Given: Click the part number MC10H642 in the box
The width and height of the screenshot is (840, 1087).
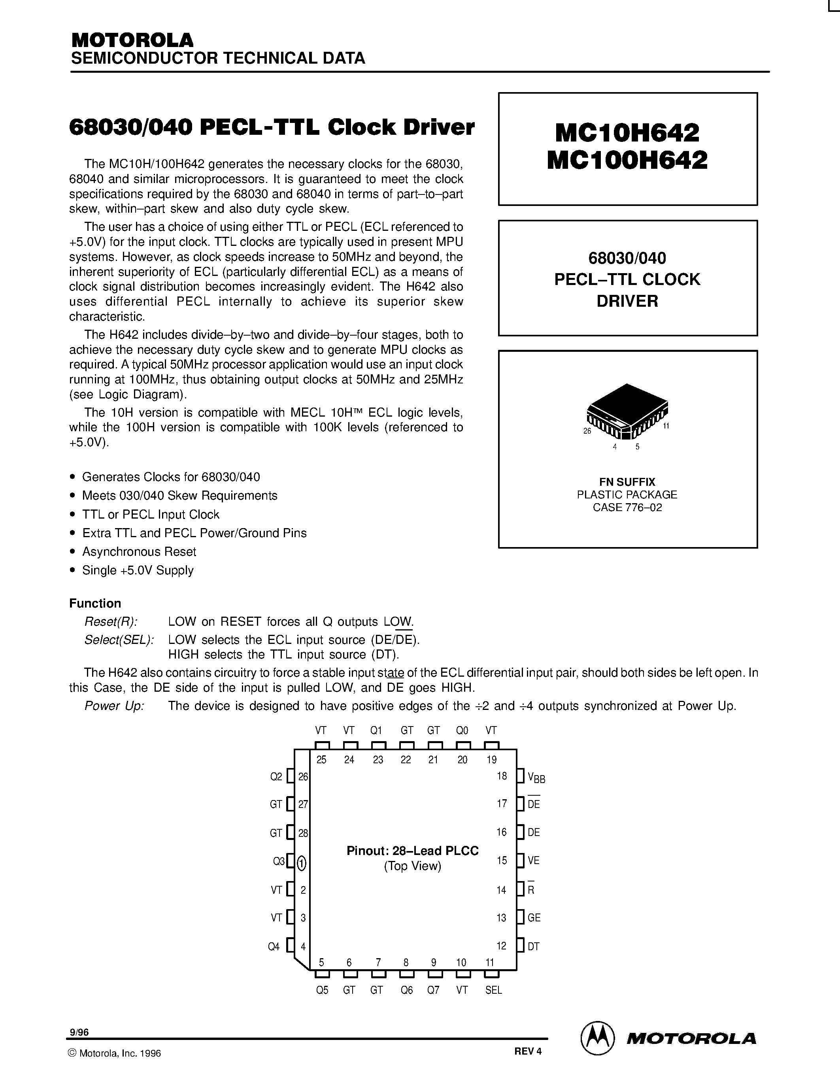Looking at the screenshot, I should coord(627,132).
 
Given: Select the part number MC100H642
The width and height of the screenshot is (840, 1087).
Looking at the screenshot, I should coord(627,160).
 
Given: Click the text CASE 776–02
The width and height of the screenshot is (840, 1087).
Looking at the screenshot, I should coord(627,507).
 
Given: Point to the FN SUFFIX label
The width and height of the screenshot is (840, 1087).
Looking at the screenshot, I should coord(627,482).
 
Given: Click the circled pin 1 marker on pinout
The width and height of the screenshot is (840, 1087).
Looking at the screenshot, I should coord(302,863).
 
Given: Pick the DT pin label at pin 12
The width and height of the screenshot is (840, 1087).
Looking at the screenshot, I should coord(534,946).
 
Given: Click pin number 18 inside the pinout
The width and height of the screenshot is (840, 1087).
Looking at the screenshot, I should coord(502,776).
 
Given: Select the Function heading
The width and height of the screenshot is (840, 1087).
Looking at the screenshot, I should coord(95,603).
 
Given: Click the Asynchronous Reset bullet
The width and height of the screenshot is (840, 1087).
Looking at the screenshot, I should coord(139,551).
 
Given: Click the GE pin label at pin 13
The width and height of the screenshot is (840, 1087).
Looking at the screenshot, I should coord(534,917).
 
